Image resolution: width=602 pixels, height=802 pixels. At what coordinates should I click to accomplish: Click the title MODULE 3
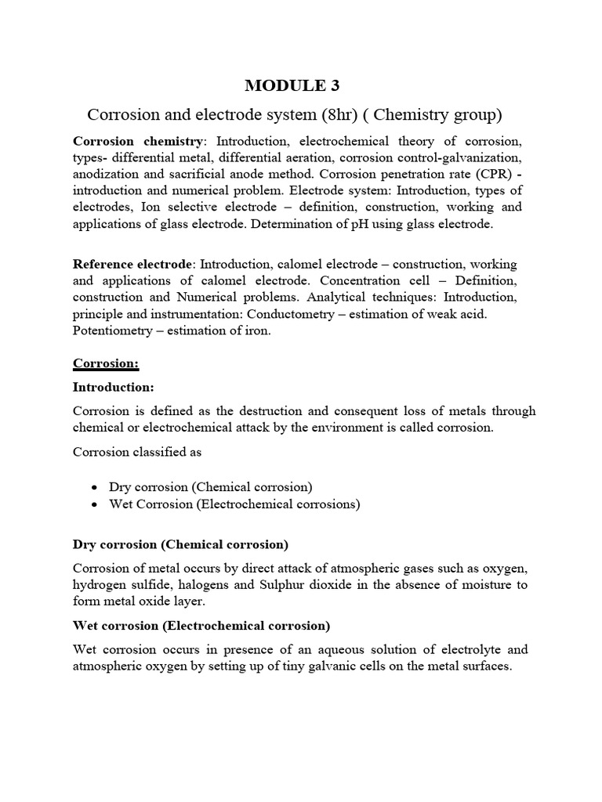pos(294,85)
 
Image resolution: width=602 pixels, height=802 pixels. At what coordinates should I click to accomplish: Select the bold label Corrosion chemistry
pos(138,141)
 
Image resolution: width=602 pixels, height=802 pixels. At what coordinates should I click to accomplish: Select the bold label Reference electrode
pos(131,265)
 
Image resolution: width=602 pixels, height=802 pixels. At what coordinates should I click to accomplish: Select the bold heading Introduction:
pos(113,387)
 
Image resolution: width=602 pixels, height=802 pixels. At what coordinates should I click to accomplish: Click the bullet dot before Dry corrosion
pos(94,487)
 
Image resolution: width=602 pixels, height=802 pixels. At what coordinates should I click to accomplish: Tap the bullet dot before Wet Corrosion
pos(94,504)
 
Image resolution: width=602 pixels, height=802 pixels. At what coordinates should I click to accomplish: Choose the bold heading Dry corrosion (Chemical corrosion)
pos(181,544)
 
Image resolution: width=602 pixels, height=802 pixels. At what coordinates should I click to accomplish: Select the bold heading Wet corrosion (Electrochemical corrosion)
pos(201,626)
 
